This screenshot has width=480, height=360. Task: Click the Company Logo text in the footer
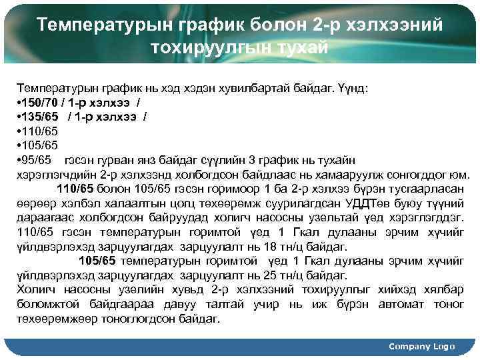click(421, 346)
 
